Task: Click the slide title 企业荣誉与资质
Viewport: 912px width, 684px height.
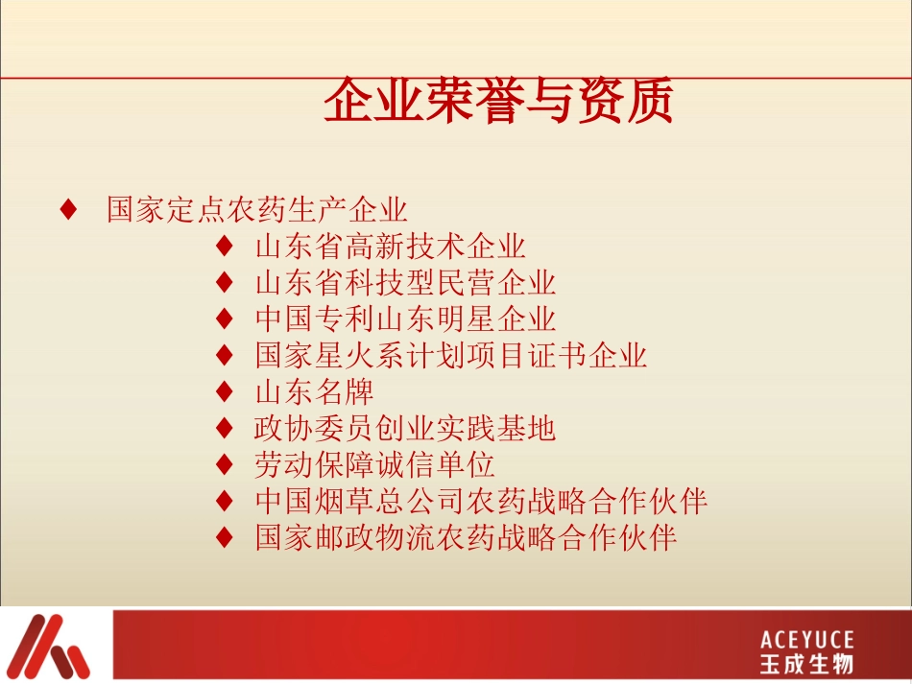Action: tap(497, 103)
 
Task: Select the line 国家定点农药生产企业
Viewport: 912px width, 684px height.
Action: tap(257, 210)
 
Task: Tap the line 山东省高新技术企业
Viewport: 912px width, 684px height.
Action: tap(391, 247)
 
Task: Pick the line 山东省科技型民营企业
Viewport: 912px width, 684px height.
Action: tap(405, 283)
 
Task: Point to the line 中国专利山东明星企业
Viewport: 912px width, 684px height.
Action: tap(405, 318)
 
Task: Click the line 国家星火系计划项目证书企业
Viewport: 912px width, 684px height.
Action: tap(451, 356)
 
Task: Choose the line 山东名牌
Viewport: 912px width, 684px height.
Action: tap(314, 391)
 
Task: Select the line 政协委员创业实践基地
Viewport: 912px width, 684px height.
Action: tap(405, 428)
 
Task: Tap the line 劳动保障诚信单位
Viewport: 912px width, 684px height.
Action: tap(374, 464)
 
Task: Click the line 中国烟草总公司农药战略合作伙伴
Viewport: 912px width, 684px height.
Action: tap(481, 501)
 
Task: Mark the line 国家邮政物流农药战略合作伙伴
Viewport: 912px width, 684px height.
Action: tap(466, 537)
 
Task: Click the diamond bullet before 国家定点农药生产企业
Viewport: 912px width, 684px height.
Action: tap(68, 210)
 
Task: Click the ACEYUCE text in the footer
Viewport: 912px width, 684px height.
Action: tap(806, 640)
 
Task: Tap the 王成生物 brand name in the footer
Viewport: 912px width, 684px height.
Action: tap(806, 664)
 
